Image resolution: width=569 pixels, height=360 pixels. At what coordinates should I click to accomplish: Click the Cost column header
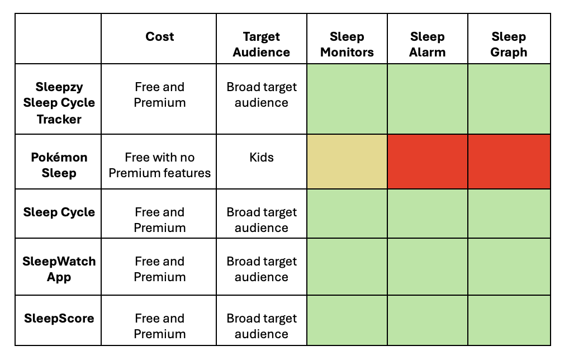160,37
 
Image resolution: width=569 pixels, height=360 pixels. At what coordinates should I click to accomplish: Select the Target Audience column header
261,44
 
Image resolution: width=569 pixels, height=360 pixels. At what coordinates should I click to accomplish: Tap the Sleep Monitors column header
347,44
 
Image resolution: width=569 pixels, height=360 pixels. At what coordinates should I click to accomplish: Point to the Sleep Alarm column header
428,44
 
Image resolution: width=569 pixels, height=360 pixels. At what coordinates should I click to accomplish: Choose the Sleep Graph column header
509,44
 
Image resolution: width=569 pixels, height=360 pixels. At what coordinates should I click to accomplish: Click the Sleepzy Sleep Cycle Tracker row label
59,103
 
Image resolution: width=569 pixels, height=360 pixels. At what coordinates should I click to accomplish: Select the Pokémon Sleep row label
59,165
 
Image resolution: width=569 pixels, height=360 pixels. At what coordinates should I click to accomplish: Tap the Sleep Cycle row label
59,212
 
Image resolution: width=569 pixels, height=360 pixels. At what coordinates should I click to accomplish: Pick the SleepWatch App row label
59,269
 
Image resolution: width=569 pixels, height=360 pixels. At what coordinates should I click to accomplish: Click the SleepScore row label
59,318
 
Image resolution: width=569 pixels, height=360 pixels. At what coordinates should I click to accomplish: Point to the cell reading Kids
261,158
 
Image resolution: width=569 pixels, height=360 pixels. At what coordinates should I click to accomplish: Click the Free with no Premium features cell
160,165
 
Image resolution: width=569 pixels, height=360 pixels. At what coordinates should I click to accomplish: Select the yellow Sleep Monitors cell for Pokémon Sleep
347,162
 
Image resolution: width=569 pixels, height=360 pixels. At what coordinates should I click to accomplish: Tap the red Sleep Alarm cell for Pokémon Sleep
428,162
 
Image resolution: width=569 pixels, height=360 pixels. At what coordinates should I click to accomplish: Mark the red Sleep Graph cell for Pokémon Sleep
509,162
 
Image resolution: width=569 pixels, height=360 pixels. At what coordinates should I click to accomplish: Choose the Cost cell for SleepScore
160,326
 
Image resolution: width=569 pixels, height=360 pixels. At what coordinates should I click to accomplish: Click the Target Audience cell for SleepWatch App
261,269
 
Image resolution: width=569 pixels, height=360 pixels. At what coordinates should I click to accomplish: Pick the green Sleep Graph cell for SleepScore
509,320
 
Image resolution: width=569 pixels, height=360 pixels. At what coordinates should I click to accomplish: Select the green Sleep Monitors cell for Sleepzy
347,99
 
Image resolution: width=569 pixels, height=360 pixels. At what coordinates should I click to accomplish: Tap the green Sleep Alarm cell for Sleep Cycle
428,214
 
